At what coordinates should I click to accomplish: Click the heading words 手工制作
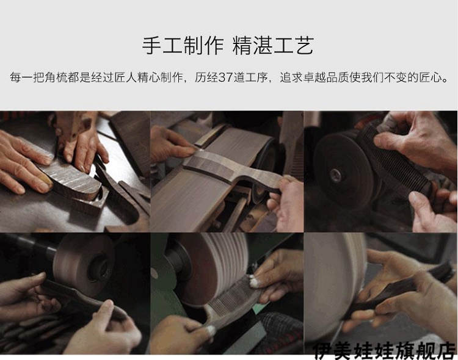(183, 46)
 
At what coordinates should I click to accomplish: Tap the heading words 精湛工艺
(274, 46)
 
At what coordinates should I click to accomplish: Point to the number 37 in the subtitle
(225, 77)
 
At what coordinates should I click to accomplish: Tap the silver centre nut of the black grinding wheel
(336, 176)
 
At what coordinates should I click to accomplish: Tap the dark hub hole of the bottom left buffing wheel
(101, 268)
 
